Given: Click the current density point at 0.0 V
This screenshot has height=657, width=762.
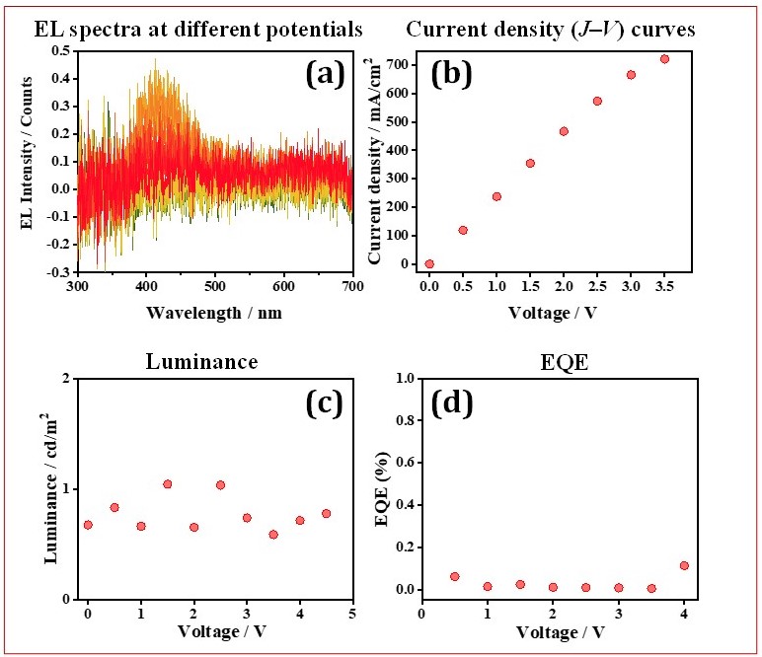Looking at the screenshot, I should point(429,263).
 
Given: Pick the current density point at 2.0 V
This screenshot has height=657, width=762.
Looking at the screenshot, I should point(564,131).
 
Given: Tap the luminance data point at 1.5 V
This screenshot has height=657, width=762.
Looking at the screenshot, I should point(168,484).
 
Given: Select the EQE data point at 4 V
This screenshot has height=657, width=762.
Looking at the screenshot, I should point(684,565).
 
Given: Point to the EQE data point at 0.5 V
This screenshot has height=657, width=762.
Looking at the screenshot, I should point(455,576).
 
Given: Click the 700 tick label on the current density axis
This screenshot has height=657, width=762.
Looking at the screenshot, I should point(400,64).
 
